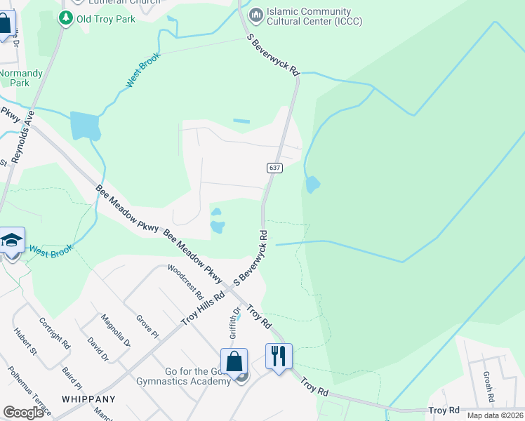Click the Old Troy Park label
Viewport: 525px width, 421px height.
106,19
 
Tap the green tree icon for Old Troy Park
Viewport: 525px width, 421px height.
66,18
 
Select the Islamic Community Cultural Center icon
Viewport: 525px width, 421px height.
255,13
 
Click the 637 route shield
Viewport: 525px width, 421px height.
274,168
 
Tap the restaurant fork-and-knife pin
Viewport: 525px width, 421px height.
279,357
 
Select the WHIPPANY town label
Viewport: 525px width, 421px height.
87,398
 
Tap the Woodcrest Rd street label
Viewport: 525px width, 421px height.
185,281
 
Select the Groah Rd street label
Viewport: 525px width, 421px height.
487,383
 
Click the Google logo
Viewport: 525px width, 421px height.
23,413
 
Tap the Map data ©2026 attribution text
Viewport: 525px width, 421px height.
496,415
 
